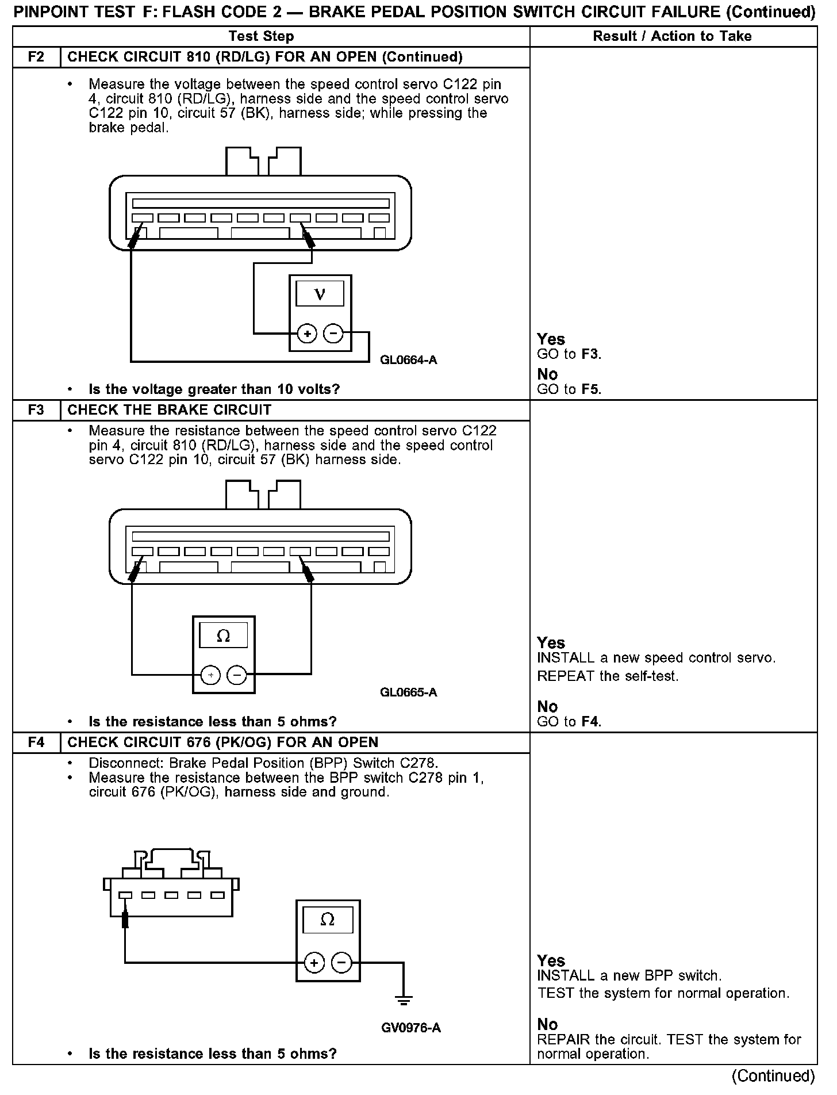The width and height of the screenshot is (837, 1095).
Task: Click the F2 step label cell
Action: (x=36, y=57)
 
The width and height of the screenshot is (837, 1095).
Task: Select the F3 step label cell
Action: (x=36, y=410)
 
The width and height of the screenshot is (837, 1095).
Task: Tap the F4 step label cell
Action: (x=36, y=742)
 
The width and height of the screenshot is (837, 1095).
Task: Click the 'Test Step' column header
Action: (x=261, y=36)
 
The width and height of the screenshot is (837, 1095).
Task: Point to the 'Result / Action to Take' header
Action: (x=672, y=36)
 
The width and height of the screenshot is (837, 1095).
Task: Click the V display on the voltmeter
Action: (x=320, y=294)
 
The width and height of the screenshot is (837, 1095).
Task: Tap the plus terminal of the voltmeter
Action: (x=308, y=334)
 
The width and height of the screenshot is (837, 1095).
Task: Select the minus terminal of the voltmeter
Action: (x=333, y=334)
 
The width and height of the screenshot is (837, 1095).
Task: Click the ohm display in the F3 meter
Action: (x=223, y=635)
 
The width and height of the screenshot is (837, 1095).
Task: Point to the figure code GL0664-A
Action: (x=409, y=360)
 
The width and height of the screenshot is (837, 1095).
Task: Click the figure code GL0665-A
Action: (x=409, y=692)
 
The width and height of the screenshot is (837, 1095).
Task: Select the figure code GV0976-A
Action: (x=410, y=1028)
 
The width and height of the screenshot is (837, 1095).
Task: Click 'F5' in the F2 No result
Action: (x=590, y=389)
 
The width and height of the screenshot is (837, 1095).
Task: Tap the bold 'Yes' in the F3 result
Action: (x=551, y=643)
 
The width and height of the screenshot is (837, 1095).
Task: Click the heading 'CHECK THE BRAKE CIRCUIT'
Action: (x=170, y=410)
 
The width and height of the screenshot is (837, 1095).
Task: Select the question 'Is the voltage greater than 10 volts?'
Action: (x=214, y=389)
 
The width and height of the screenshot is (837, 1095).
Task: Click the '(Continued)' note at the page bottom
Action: (x=773, y=1075)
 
